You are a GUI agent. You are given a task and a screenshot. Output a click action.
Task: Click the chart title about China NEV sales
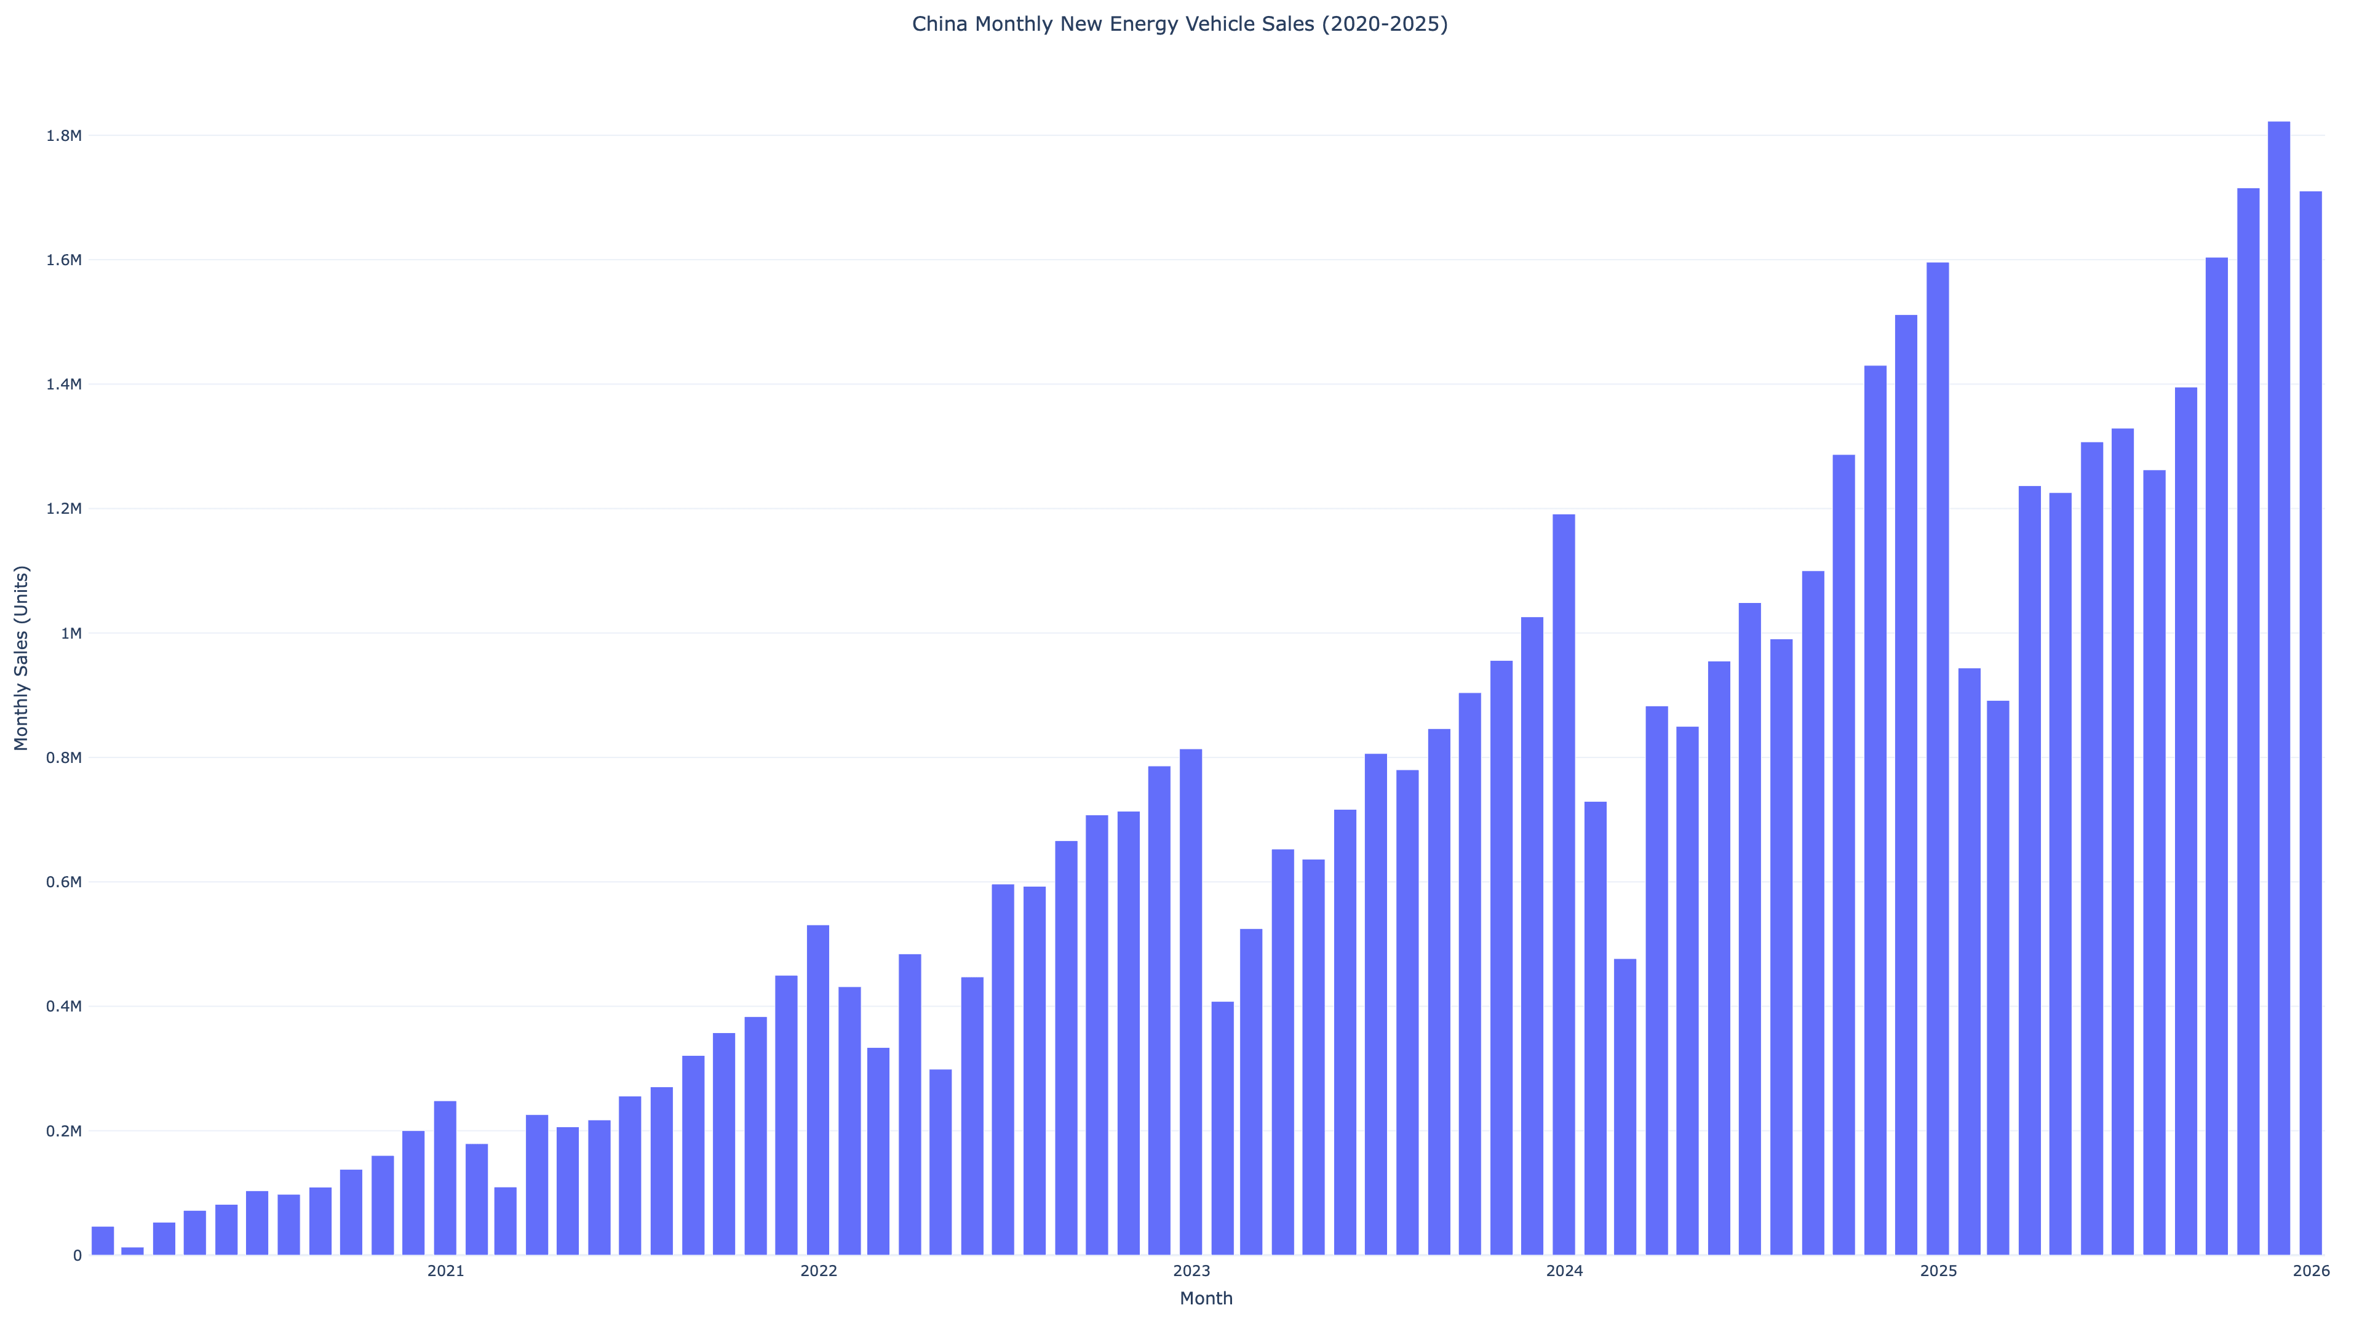pyautogui.click(x=1179, y=25)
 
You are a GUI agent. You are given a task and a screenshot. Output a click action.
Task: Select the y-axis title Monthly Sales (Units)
pyautogui.click(x=22, y=658)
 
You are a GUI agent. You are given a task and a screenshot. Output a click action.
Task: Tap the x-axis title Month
pyautogui.click(x=1205, y=1298)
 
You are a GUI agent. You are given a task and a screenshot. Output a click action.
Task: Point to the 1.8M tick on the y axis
pyautogui.click(x=64, y=136)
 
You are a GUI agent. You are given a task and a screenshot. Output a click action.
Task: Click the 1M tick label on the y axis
pyautogui.click(x=71, y=634)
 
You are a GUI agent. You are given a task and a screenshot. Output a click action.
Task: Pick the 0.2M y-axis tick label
pyautogui.click(x=64, y=1131)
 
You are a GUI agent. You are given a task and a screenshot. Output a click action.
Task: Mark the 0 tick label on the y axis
pyautogui.click(x=77, y=1256)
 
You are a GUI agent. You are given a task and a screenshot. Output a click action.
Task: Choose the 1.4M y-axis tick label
pyautogui.click(x=64, y=385)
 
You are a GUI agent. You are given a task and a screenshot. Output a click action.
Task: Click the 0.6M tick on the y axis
pyautogui.click(x=64, y=882)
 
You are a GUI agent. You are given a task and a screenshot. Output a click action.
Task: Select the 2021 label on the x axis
pyautogui.click(x=445, y=1271)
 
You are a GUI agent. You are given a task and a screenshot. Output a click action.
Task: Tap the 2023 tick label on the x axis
pyautogui.click(x=1191, y=1271)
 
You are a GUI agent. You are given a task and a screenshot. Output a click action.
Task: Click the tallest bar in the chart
pyautogui.click(x=2278, y=688)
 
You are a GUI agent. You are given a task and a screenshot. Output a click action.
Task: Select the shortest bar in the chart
pyautogui.click(x=133, y=1251)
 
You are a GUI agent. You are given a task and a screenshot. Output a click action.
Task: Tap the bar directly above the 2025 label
pyautogui.click(x=1938, y=759)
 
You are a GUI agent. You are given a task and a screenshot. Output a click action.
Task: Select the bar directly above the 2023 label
pyautogui.click(x=1191, y=1002)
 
